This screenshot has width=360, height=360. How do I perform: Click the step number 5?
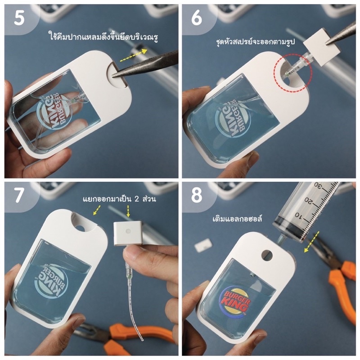[19, 18]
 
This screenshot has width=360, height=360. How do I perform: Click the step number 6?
[197, 18]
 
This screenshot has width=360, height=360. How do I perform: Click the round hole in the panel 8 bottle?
[267, 255]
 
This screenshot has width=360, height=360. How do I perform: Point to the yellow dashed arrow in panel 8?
[311, 242]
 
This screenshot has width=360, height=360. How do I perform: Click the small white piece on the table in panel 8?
[203, 246]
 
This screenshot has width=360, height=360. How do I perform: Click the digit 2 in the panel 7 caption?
[137, 199]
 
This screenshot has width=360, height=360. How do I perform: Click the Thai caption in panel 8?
[237, 218]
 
